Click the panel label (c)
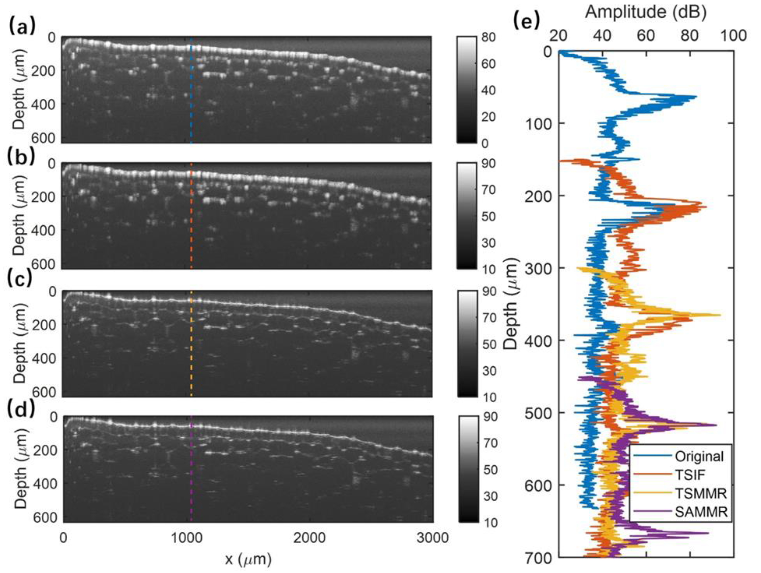coord(22,279)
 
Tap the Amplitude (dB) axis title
coord(646,13)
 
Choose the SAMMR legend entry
coord(701,512)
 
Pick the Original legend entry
coord(699,457)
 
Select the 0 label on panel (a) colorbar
coord(485,143)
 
